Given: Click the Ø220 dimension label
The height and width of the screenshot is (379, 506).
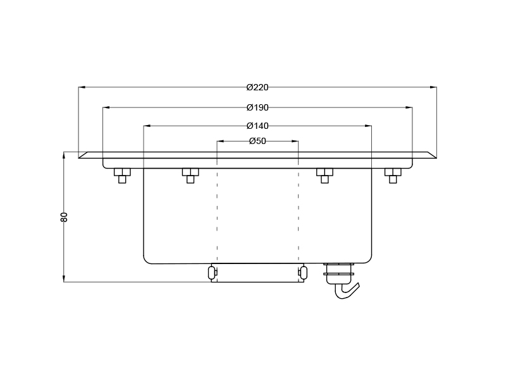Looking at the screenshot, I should (257, 87).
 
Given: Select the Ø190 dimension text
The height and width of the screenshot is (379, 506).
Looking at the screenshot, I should (257, 107).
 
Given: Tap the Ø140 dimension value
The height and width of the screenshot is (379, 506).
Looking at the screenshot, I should (257, 126).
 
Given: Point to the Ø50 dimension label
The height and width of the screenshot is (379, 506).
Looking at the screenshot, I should (257, 141).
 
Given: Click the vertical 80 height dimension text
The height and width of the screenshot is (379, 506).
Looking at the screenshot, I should (64, 217).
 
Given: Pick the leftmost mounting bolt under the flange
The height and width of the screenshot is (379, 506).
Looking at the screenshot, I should (122, 175).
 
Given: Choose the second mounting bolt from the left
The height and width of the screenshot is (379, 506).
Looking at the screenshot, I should (190, 175).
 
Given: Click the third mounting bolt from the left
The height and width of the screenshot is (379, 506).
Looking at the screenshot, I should (324, 175).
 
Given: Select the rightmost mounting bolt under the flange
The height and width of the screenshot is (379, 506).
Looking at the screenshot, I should (393, 175).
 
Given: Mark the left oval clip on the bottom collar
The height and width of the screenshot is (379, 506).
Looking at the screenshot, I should (212, 273).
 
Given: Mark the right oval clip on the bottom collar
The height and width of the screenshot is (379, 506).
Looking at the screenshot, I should (303, 273).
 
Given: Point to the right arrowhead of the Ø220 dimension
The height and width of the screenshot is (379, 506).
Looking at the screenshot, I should (433, 87).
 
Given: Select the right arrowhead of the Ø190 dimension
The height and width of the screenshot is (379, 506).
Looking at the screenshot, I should (409, 107).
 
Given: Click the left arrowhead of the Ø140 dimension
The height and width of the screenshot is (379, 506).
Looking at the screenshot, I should (147, 126).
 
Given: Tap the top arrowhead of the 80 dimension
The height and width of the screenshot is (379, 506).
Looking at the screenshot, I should (64, 155).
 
